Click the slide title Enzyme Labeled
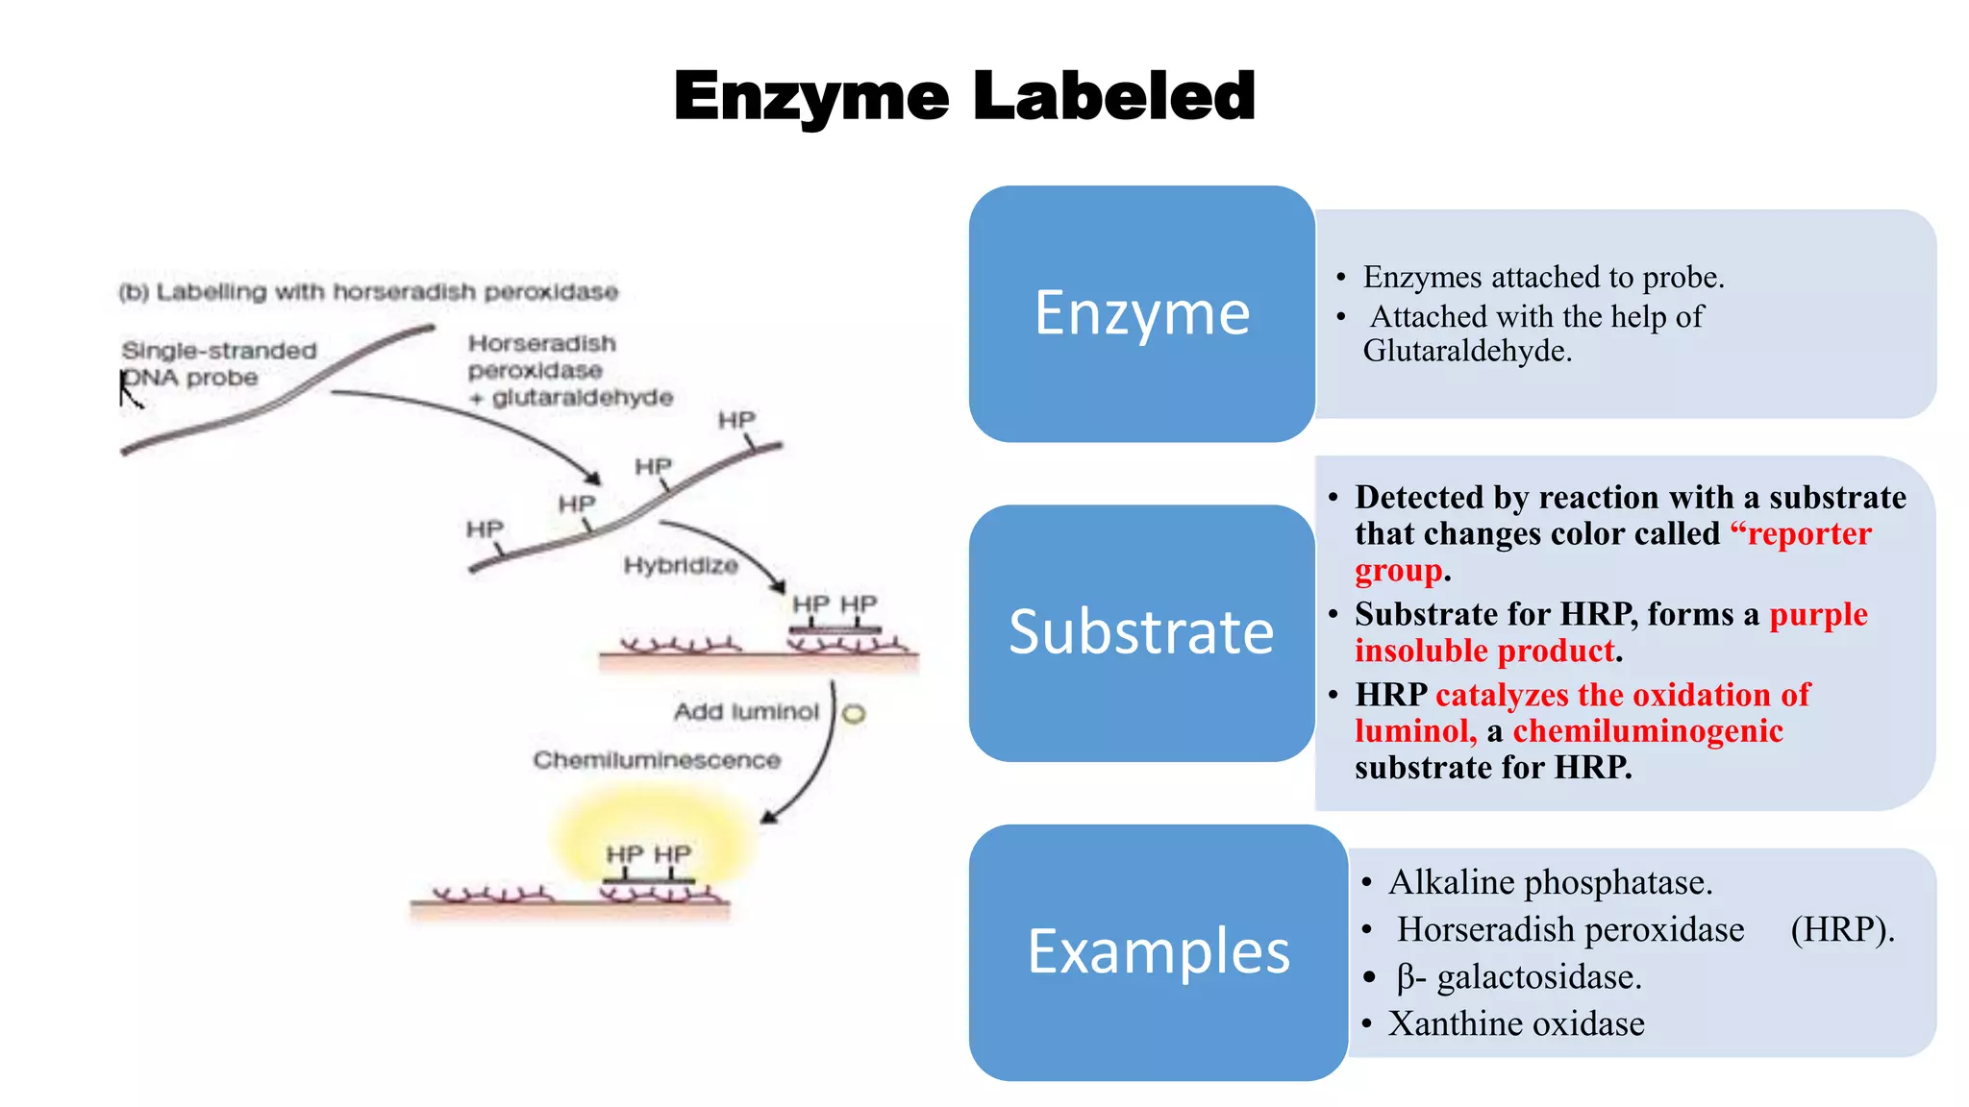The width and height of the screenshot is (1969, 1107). pyautogui.click(x=964, y=96)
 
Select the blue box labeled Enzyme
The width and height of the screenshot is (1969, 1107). pyautogui.click(x=1141, y=313)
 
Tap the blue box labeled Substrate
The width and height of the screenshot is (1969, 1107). pyautogui.click(x=1141, y=632)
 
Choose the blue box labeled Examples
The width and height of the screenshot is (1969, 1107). pyautogui.click(x=1158, y=951)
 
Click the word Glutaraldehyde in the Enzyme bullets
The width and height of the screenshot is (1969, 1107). pyautogui.click(x=1466, y=352)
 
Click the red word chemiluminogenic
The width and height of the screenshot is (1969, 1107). pyautogui.click(x=1648, y=731)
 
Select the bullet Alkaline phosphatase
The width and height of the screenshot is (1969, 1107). pyautogui.click(x=1550, y=882)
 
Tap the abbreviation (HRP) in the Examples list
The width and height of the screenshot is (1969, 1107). pyautogui.click(x=1841, y=929)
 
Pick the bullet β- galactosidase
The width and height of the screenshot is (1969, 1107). pyautogui.click(x=1519, y=977)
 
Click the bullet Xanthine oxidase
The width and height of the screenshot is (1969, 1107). pyautogui.click(x=1516, y=1024)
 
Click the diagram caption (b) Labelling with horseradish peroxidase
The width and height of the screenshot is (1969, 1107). pyautogui.click(x=368, y=292)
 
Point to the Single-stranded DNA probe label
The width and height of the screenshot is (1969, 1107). pyautogui.click(x=218, y=364)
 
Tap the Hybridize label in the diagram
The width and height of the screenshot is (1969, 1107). pyautogui.click(x=681, y=565)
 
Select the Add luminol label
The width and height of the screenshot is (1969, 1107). pyautogui.click(x=746, y=712)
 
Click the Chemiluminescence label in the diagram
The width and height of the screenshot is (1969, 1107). pyautogui.click(x=657, y=760)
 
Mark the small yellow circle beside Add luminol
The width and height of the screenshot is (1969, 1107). pyautogui.click(x=854, y=714)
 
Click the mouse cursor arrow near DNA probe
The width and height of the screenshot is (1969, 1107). pyautogui.click(x=128, y=388)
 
